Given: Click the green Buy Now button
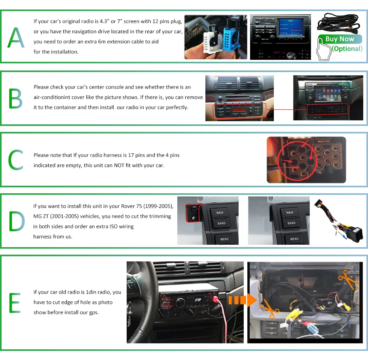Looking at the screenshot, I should pyautogui.click(x=340, y=39).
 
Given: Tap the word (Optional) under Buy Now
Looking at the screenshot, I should pyautogui.click(x=347, y=49).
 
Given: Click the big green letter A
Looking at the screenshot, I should pyautogui.click(x=16, y=38).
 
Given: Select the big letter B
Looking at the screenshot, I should pyautogui.click(x=15, y=99).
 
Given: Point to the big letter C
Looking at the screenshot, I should pyautogui.click(x=16, y=160).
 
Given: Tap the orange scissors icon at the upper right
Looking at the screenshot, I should pyautogui.click(x=347, y=280).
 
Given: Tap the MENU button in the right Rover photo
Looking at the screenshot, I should pyautogui.click(x=294, y=239).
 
